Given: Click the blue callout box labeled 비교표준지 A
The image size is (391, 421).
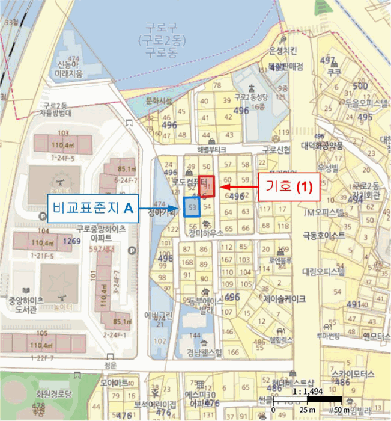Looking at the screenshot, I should tap(93, 209).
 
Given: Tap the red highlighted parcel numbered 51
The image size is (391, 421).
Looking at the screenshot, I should tap(207, 188).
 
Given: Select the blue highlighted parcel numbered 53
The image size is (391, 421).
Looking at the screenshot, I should tap(192, 207).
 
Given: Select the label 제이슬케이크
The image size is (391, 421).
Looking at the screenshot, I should tap(284, 298).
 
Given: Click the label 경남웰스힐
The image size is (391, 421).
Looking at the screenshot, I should tap(204, 352).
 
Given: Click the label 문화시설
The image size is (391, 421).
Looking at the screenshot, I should tap(159, 101).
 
